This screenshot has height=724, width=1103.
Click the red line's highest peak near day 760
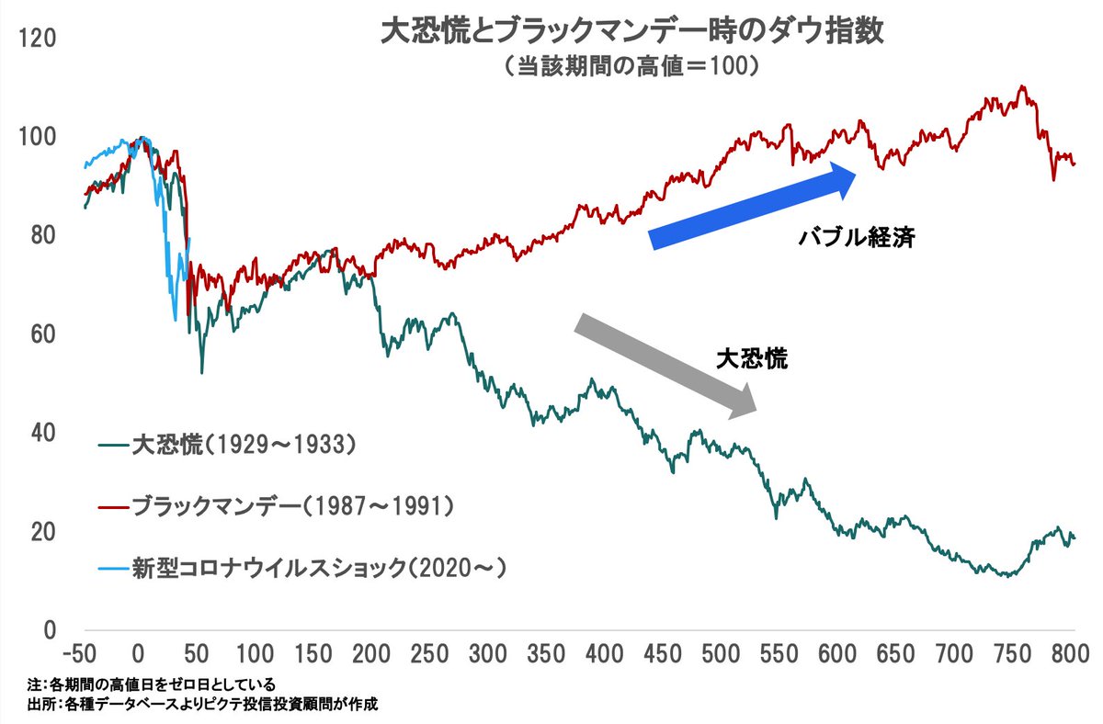pyautogui.click(x=1023, y=86)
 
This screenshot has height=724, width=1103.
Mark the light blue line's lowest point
pyautogui.click(x=175, y=321)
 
